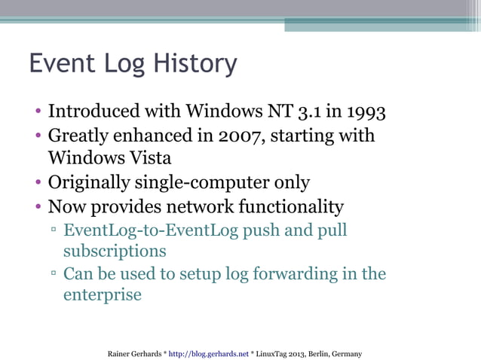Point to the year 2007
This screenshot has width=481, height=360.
(x=240, y=136)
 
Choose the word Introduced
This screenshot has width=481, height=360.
(x=94, y=112)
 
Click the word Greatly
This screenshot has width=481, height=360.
(x=82, y=136)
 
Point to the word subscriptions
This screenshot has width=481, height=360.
(x=115, y=251)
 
